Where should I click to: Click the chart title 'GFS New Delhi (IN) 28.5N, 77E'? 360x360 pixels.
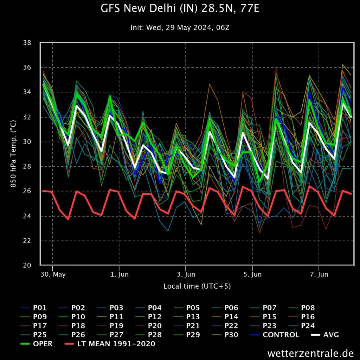tap(180, 9)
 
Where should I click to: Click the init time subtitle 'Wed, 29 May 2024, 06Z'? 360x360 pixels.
tap(188, 27)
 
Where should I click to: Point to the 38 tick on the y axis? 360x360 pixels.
tap(27, 43)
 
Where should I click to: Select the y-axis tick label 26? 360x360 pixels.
tap(27, 191)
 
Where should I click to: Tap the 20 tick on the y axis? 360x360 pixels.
tap(27, 265)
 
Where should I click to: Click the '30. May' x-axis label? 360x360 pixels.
tap(53, 274)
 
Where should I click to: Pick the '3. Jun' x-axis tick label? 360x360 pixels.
tap(186, 274)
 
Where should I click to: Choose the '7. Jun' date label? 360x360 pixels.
tap(319, 274)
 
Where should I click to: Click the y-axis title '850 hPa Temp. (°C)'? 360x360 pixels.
tap(13, 154)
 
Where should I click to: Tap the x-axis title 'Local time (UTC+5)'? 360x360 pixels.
tap(197, 286)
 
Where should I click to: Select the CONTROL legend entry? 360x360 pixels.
tap(274, 335)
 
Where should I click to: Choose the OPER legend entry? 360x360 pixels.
tap(36, 344)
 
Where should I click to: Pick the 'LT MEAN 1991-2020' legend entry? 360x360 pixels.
tap(110, 344)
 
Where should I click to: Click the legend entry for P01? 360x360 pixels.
tap(33, 308)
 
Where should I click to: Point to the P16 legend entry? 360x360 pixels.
tap(301, 317)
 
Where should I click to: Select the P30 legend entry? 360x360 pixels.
tap(225, 335)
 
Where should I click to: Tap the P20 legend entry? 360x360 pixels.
tap(148, 326)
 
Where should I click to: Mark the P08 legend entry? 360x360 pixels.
tap(301, 308)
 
